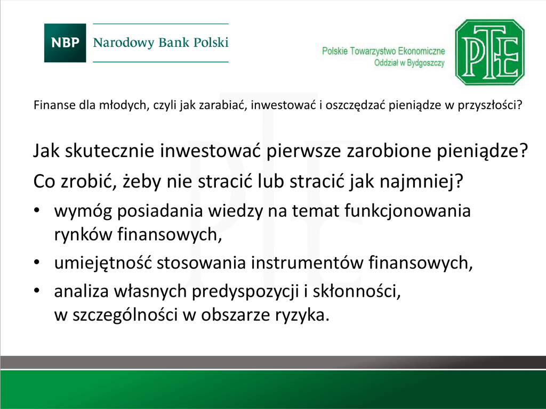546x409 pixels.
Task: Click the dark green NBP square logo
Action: click(x=65, y=43)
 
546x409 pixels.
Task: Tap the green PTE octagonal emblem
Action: click(x=489, y=52)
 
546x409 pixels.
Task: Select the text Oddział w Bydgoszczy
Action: click(x=409, y=63)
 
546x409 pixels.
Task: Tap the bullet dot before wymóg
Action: click(x=37, y=210)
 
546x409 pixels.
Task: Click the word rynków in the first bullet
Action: click(x=83, y=234)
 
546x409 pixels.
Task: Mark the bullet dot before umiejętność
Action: click(x=37, y=263)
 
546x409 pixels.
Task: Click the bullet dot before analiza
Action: click(x=37, y=291)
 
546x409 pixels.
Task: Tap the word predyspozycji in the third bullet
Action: click(x=245, y=292)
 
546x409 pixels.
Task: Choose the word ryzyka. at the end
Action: click(x=302, y=315)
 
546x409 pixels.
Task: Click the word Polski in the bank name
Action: click(x=211, y=43)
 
